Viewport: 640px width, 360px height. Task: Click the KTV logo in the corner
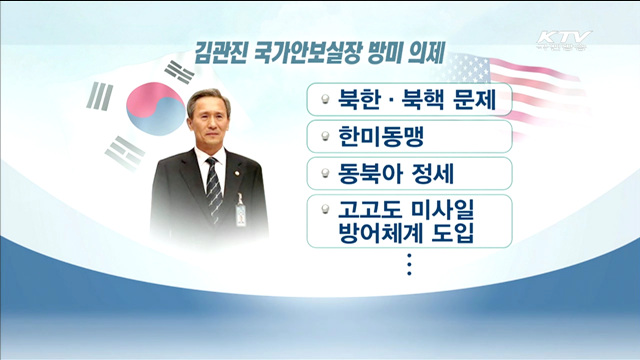[563, 40]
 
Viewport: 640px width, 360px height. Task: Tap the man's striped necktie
[212, 189]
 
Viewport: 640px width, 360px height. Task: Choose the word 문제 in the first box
[474, 99]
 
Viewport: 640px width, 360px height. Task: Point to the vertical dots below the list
[409, 266]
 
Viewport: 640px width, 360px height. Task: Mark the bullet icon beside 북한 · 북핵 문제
[325, 99]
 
